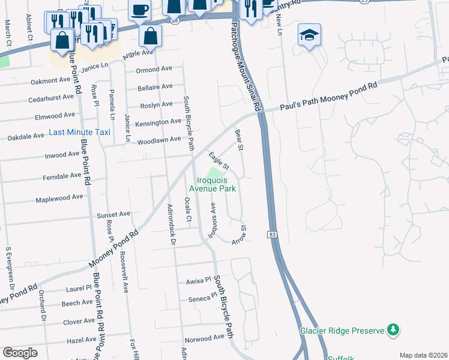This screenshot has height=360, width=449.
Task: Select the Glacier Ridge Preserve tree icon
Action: [x=393, y=329]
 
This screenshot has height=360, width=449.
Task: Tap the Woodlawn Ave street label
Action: [x=159, y=140]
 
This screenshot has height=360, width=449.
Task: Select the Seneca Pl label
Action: [x=202, y=298]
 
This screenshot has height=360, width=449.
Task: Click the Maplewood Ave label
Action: [x=59, y=197]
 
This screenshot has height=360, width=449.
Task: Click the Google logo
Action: [x=20, y=353]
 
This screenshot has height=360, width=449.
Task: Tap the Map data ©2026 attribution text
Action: [x=423, y=355]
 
